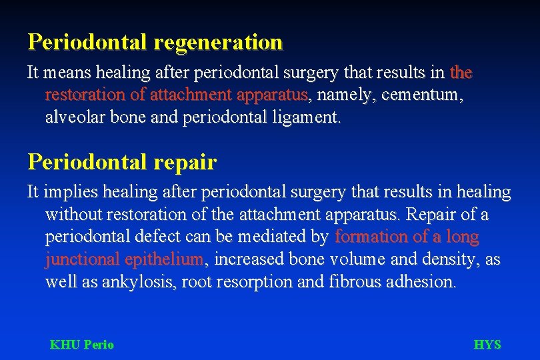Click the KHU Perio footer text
pyautogui.click(x=82, y=345)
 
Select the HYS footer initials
pyautogui.click(x=487, y=345)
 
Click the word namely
pyautogui.click(x=344, y=95)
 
